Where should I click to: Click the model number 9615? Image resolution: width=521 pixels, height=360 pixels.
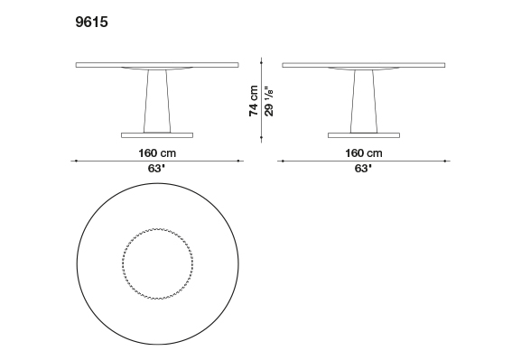tap(92, 22)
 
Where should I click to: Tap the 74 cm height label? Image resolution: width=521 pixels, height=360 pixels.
tap(254, 101)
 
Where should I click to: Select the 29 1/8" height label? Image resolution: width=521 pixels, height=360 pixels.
tap(269, 102)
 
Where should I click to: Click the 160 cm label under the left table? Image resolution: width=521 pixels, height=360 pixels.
tap(157, 153)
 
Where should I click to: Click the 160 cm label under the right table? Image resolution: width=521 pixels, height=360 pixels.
tap(364, 153)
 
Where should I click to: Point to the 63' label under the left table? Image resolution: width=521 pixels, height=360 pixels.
tap(156, 169)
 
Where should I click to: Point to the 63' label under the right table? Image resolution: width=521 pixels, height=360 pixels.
tap(363, 169)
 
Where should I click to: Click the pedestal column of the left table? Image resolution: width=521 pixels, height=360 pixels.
tap(157, 101)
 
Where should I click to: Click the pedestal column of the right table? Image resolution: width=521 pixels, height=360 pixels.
tap(364, 101)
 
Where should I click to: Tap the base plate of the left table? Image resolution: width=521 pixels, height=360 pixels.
tap(157, 135)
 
